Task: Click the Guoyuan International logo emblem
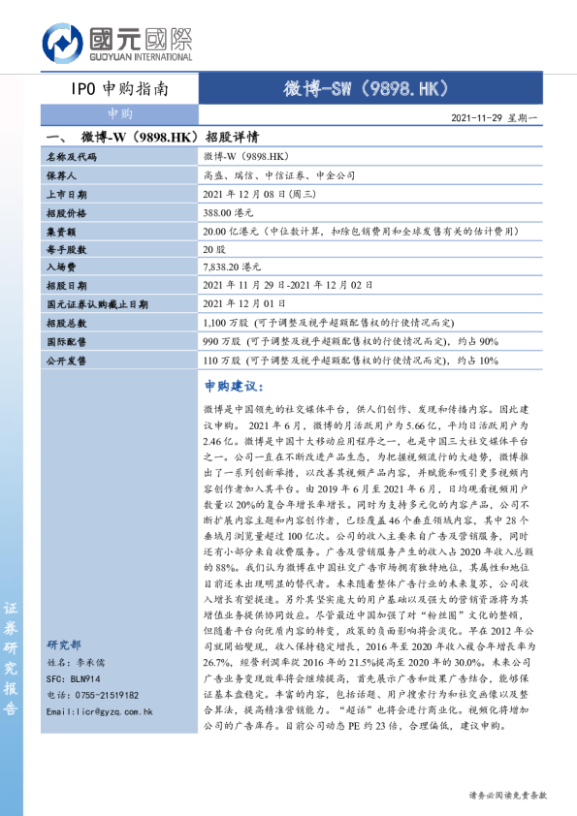(61, 45)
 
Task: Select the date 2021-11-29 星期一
(499, 117)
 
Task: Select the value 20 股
(214, 249)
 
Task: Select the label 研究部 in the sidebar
(64, 644)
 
